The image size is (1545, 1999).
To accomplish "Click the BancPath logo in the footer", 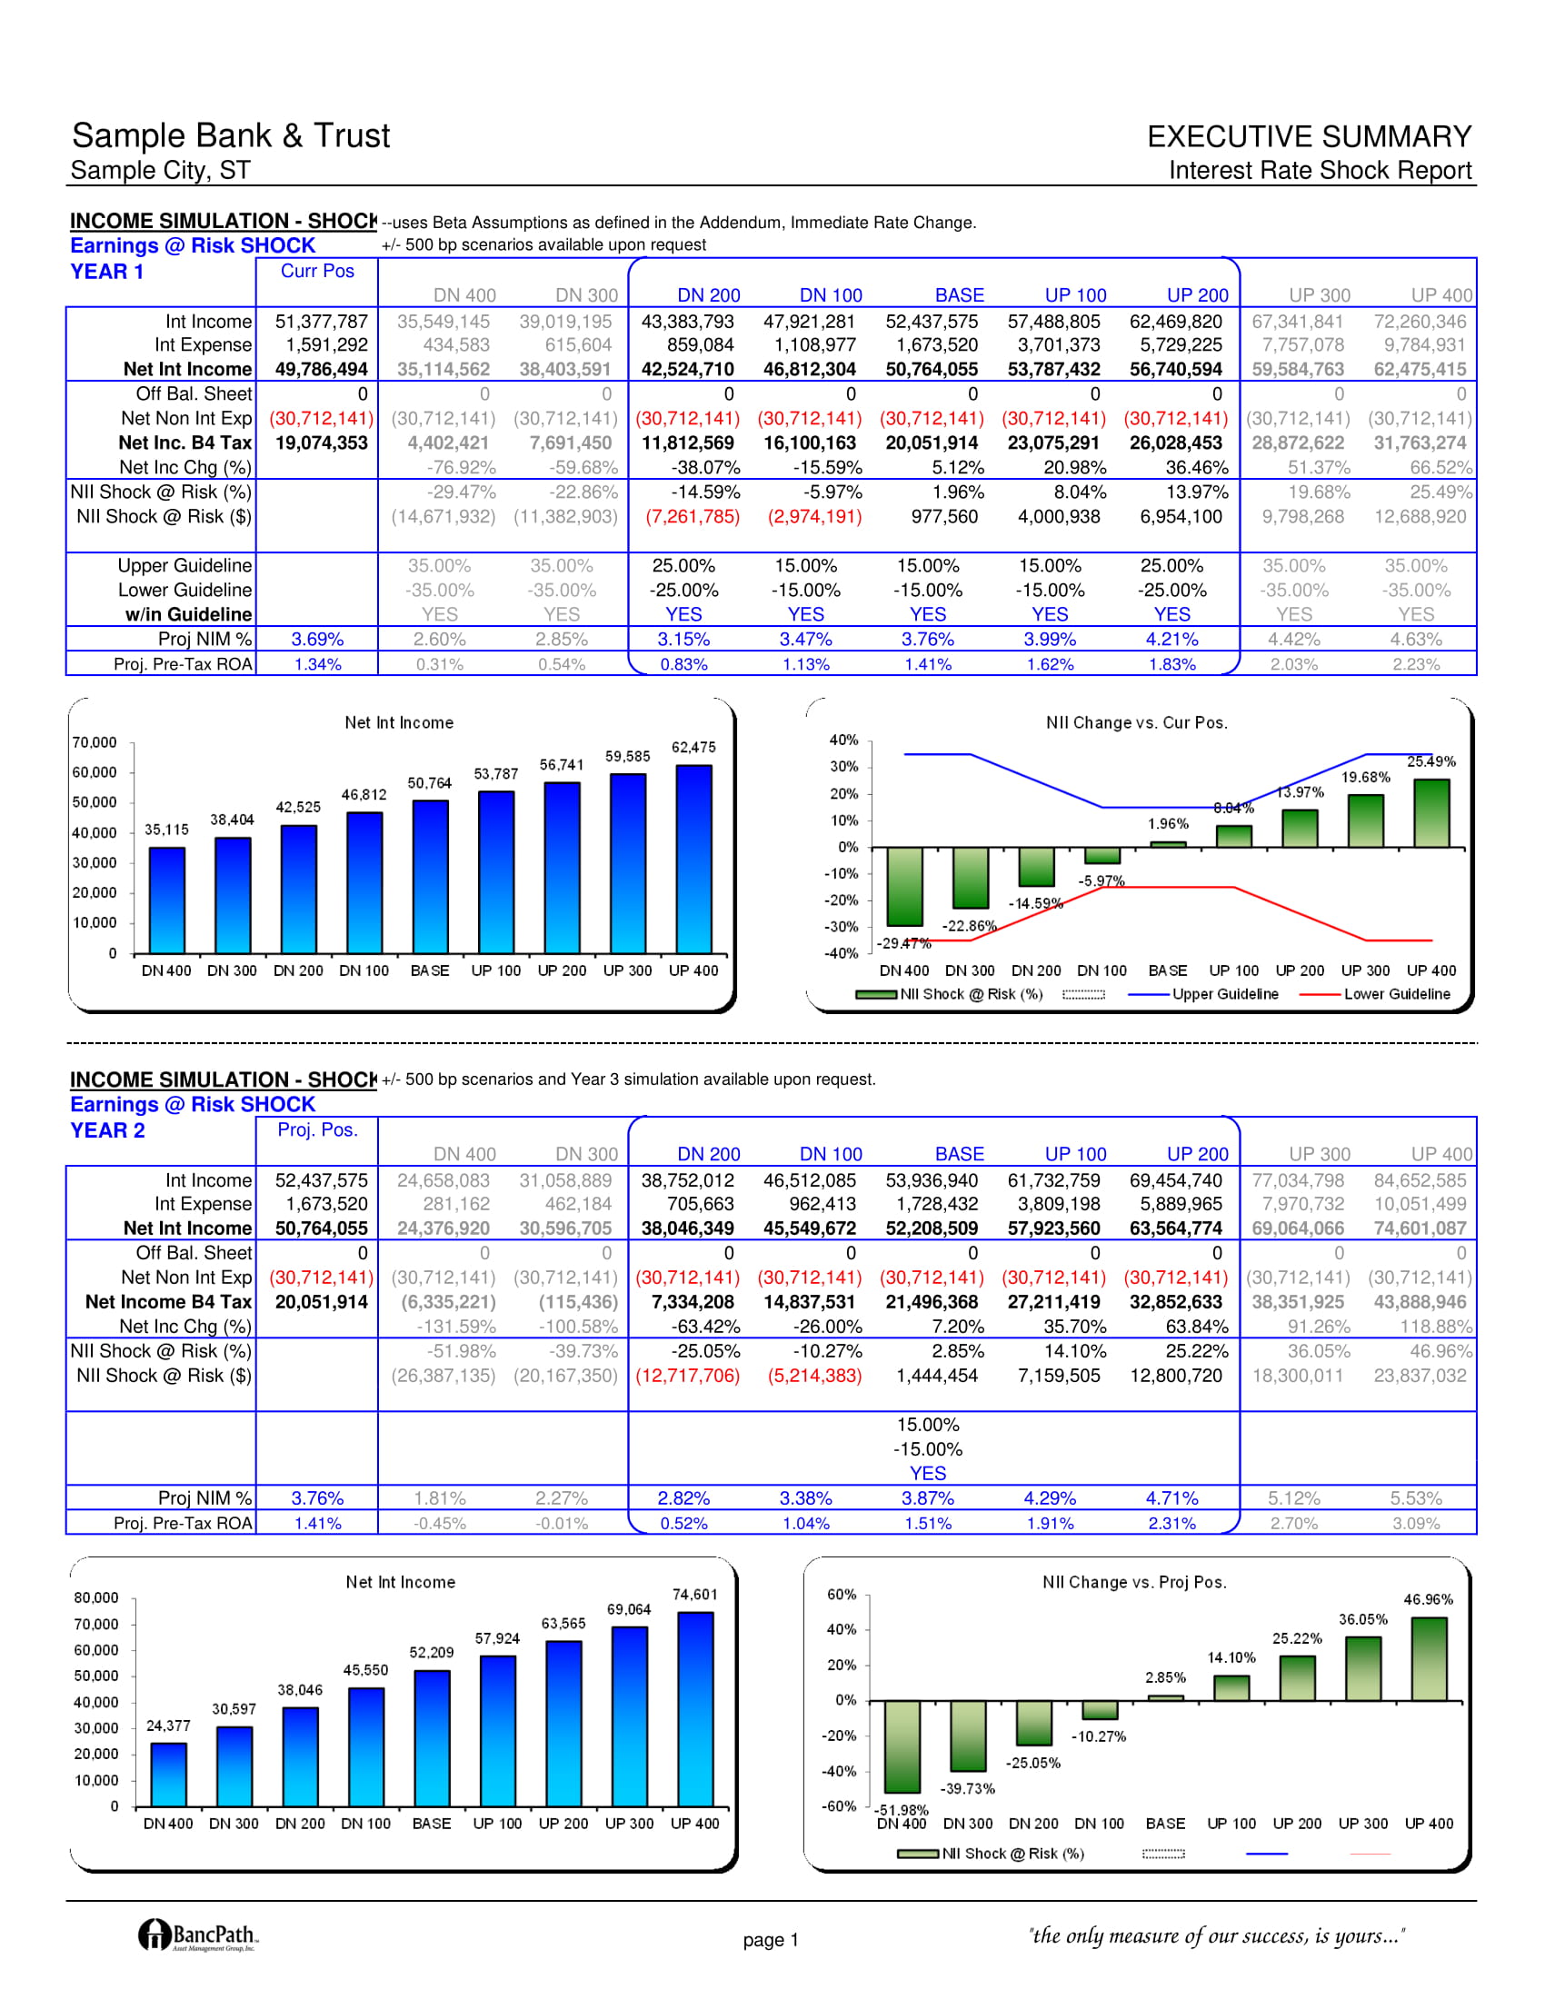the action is (198, 1934).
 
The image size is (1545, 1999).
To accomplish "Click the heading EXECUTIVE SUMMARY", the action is (1309, 136).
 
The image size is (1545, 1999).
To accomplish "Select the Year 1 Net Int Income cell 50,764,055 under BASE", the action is (932, 370).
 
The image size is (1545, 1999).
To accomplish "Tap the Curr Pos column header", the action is (316, 271).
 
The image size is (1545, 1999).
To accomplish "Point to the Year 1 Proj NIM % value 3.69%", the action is (317, 639).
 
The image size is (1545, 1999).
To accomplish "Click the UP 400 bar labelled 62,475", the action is (693, 859).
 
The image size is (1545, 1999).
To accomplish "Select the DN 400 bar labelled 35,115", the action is (166, 900).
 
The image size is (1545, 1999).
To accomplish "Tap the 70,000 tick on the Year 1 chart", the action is (95, 742).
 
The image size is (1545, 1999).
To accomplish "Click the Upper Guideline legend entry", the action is (1202, 994).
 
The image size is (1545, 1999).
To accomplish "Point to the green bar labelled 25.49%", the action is (1431, 813).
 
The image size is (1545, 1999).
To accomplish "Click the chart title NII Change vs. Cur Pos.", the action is (1137, 722).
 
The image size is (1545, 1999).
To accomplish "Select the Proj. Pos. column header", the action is (316, 1129).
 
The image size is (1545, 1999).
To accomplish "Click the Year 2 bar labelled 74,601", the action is (695, 1709).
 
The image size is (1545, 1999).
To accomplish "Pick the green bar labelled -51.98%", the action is (902, 1746).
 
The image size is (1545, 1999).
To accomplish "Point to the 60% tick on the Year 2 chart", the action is (842, 1595).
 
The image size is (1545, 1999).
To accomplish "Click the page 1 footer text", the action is (771, 1940).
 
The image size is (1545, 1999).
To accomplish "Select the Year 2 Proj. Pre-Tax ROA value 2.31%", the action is (1172, 1523).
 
